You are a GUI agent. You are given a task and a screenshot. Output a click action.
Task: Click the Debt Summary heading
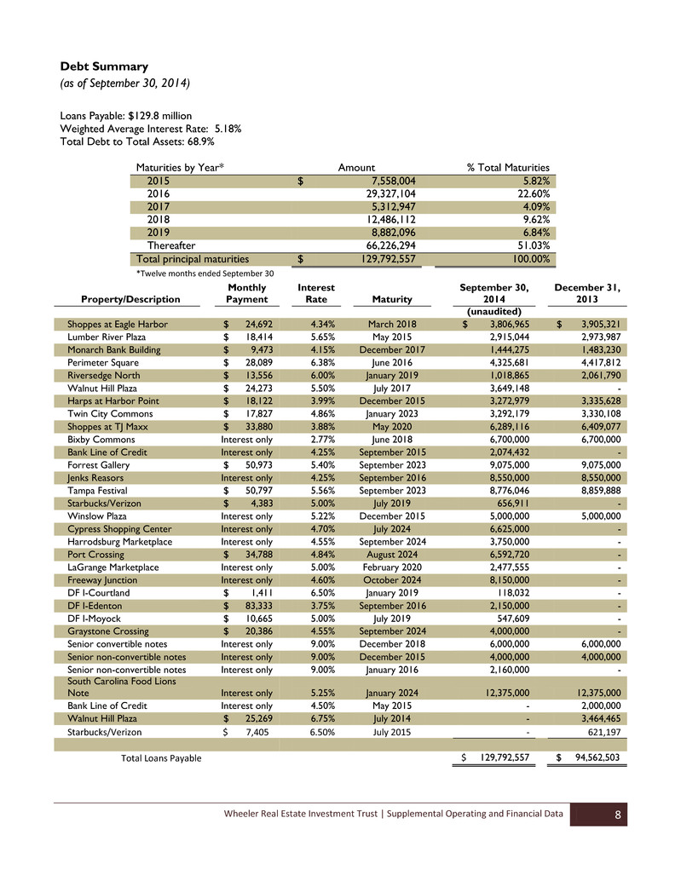coord(104,66)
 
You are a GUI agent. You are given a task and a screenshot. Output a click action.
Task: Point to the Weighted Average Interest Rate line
coord(151,129)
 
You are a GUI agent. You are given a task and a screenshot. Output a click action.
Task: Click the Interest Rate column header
coord(315,294)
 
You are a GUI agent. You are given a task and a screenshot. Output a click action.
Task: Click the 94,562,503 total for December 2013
coord(596,758)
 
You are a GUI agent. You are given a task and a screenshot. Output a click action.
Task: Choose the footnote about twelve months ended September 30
coord(205,274)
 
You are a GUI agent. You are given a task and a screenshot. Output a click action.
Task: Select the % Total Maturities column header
coord(508,168)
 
